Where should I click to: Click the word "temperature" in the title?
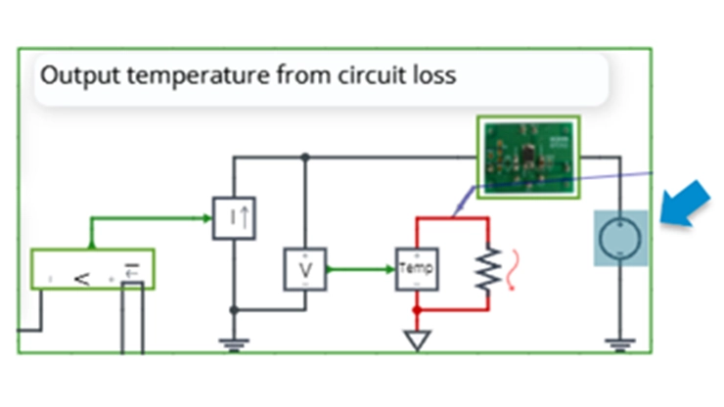[182, 74]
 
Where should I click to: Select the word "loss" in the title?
[430, 74]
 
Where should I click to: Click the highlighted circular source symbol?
[618, 238]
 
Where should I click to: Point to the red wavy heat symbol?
[520, 265]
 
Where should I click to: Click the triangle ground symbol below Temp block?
[418, 340]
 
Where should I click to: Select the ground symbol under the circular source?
[618, 342]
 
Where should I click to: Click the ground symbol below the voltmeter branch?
[234, 342]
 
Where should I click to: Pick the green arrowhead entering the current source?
[207, 217]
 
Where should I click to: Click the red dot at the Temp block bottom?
[418, 310]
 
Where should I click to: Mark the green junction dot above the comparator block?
[91, 245]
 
